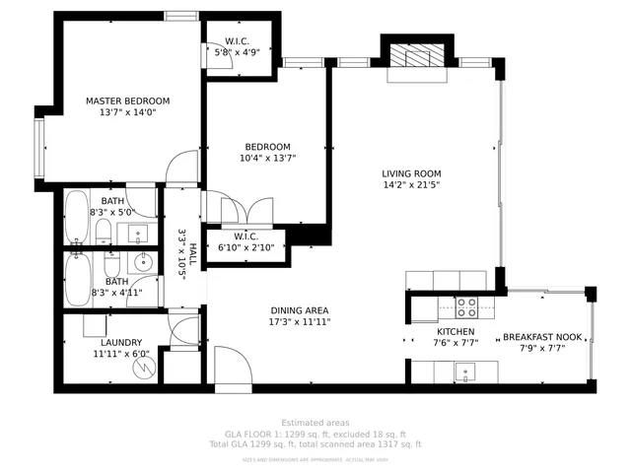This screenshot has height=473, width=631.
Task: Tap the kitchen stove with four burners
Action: [466, 305]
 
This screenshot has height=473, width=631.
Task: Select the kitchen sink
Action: [462, 372]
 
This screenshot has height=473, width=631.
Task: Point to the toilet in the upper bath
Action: [104, 232]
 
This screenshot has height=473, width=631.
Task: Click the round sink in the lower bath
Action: [144, 262]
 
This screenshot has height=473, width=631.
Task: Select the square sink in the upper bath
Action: [138, 234]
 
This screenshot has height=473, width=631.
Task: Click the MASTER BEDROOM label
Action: [127, 101]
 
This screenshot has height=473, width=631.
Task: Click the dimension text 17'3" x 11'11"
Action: [299, 322]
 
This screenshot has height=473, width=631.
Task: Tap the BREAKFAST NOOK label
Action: [542, 337]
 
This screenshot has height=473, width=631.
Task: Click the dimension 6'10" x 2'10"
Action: [245, 247]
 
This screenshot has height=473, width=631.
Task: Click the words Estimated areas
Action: [315, 423]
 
